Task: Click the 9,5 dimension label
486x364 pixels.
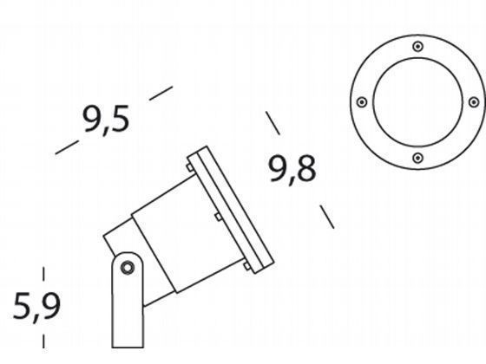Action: (x=107, y=119)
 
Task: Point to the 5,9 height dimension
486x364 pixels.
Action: (x=36, y=306)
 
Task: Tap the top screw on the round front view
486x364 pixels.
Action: (x=417, y=45)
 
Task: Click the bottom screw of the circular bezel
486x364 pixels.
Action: (x=417, y=158)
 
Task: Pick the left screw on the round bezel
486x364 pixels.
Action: (x=362, y=101)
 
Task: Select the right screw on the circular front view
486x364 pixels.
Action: (x=473, y=101)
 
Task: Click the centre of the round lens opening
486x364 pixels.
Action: (x=417, y=101)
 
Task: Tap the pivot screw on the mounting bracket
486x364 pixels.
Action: (x=127, y=267)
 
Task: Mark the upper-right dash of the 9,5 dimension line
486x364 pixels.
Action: (x=161, y=93)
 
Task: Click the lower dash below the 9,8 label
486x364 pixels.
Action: (x=326, y=216)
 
